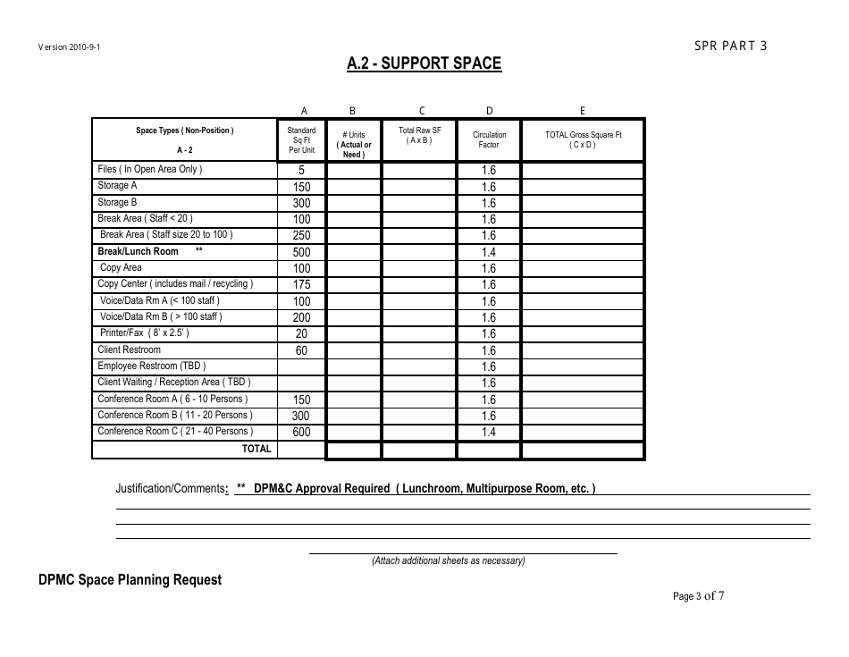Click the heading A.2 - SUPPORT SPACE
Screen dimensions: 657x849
click(424, 63)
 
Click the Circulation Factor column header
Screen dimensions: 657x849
click(489, 139)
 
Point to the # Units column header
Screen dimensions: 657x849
click(353, 145)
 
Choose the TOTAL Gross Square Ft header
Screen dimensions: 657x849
click(583, 139)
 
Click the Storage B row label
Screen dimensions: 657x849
click(117, 202)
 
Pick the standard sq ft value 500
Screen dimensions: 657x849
click(302, 252)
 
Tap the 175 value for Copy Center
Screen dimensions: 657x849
click(302, 285)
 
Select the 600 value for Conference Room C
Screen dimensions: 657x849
click(302, 433)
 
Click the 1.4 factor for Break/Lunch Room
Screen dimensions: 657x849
click(489, 252)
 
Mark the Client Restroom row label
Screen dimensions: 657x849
click(130, 350)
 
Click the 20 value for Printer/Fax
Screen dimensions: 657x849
click(302, 334)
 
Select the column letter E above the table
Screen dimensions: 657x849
click(583, 111)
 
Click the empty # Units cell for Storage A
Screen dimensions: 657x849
click(353, 187)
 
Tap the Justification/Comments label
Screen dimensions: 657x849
click(171, 489)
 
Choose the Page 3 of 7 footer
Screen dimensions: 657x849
click(698, 596)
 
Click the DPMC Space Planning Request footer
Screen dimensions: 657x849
click(130, 579)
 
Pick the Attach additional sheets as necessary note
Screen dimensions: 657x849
click(449, 561)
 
